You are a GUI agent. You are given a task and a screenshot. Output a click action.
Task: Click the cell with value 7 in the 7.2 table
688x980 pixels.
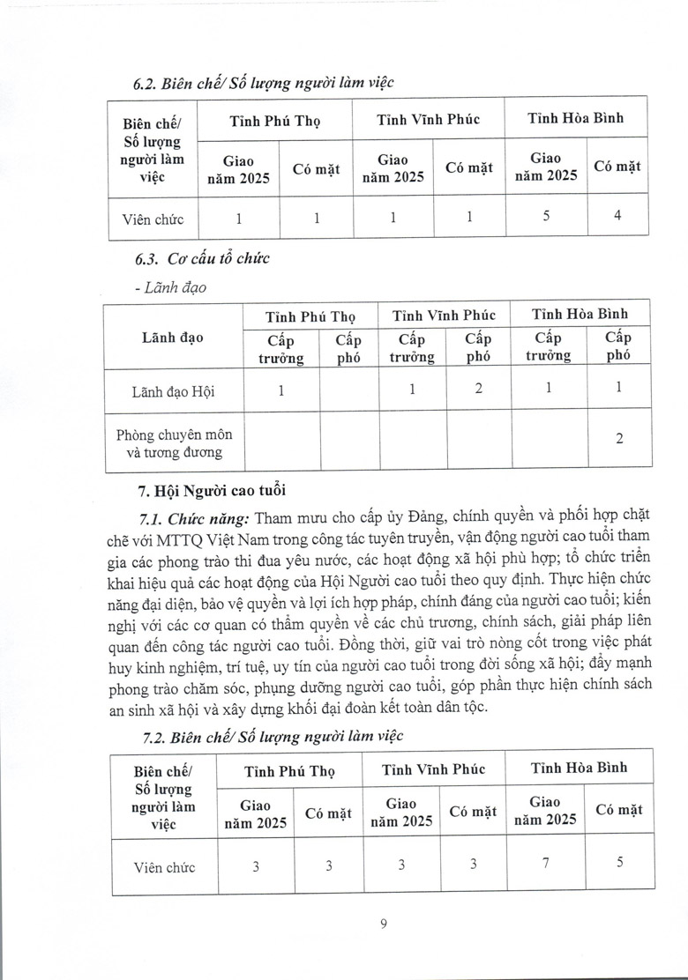tap(546, 864)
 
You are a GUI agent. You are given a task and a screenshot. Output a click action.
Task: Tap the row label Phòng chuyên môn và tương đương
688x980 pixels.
tap(172, 442)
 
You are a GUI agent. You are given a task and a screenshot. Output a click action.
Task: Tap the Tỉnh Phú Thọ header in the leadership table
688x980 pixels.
tap(310, 315)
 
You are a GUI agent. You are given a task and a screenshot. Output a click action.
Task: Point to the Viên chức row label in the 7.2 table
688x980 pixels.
tap(160, 867)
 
